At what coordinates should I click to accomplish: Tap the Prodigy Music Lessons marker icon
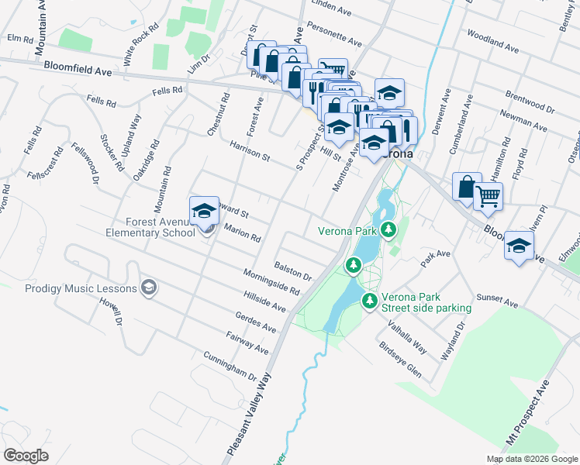[x=149, y=289]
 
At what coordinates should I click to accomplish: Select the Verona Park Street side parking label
[x=426, y=302]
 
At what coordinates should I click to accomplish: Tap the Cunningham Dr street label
[x=230, y=367]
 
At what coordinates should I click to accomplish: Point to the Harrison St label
[x=249, y=151]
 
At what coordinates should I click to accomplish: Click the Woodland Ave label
[x=493, y=42]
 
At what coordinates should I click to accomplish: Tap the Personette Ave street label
[x=334, y=35]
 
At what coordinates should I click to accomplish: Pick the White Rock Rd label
[x=141, y=49]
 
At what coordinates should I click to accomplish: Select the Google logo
[x=26, y=456]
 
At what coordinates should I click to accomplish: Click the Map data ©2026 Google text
[x=530, y=459]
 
